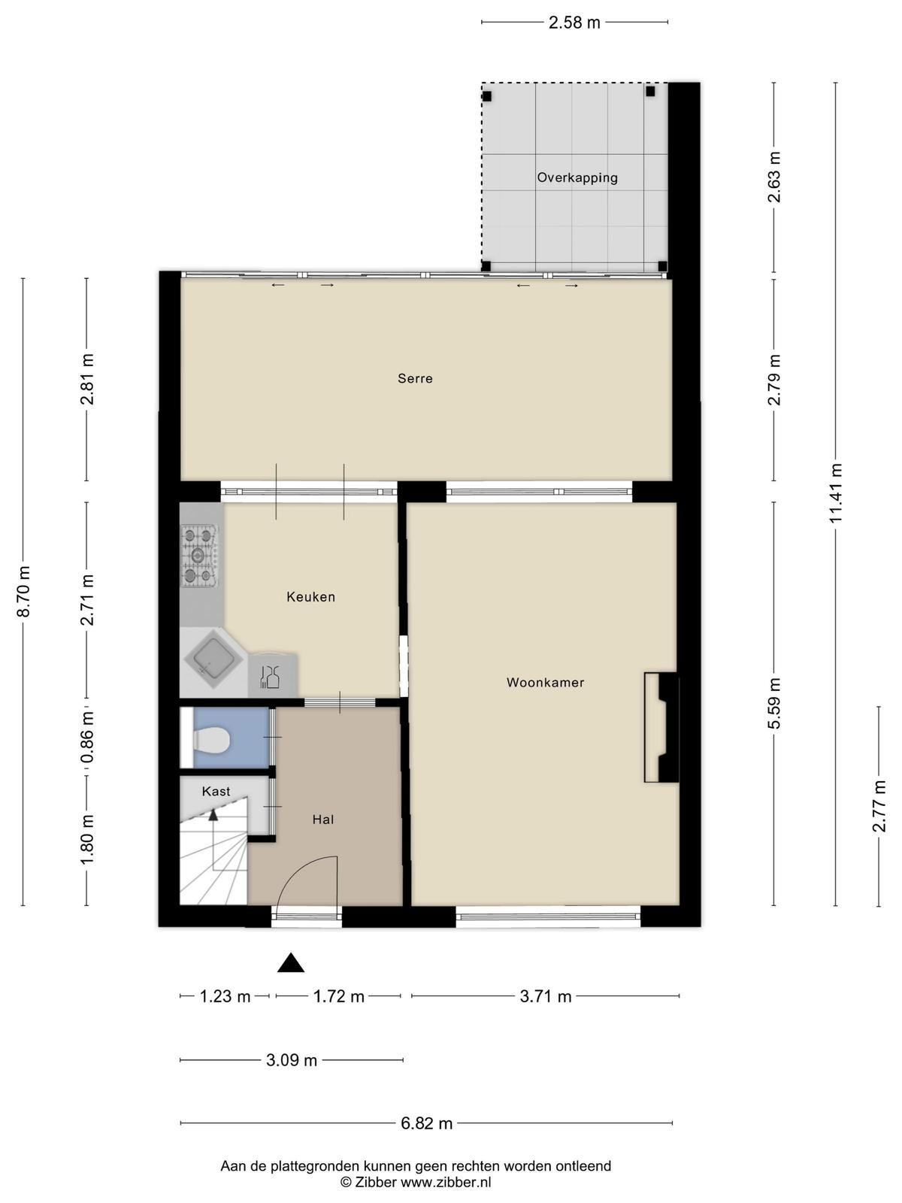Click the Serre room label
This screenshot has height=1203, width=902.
click(x=415, y=378)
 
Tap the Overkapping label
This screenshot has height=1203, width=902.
click(x=577, y=177)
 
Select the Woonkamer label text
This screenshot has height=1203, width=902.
click(x=546, y=683)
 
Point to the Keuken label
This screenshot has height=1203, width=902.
click(x=310, y=597)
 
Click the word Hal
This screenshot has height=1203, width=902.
click(x=323, y=820)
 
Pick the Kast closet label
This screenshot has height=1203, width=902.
click(x=216, y=792)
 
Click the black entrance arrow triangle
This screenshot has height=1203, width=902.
click(x=291, y=963)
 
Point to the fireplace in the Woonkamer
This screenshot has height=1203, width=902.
click(x=661, y=727)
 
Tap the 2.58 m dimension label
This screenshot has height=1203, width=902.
click(x=574, y=23)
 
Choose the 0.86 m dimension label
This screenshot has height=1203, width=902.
click(x=87, y=737)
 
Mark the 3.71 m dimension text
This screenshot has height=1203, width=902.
click(x=546, y=995)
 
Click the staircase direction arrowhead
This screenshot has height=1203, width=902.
click(x=213, y=815)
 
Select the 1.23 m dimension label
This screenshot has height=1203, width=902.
click(x=225, y=995)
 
